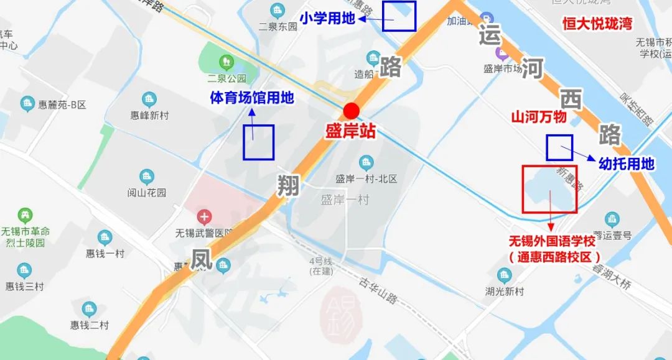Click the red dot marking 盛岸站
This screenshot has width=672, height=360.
pos(352,111)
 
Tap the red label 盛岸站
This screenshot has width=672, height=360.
pos(352,132)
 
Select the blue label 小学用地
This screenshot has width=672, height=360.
pos(327,19)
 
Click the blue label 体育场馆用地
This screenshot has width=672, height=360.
pos(251,98)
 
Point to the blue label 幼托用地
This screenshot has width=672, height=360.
pos(626,164)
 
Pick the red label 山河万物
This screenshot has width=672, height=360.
pos(539,117)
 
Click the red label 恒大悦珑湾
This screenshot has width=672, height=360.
pos(597,24)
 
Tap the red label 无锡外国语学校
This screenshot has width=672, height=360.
pos(553,241)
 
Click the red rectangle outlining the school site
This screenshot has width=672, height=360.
pos(550,189)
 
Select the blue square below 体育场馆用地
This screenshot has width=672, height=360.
pos(258,142)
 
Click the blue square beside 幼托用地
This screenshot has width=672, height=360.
pos(559,147)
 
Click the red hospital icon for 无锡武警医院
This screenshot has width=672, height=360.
pos(204,218)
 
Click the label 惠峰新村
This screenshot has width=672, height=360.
pos(149,115)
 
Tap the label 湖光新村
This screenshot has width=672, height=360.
pos(505,291)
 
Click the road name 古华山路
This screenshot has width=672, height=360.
pos(378,290)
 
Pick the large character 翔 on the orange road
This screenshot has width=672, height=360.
pos(288,185)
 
